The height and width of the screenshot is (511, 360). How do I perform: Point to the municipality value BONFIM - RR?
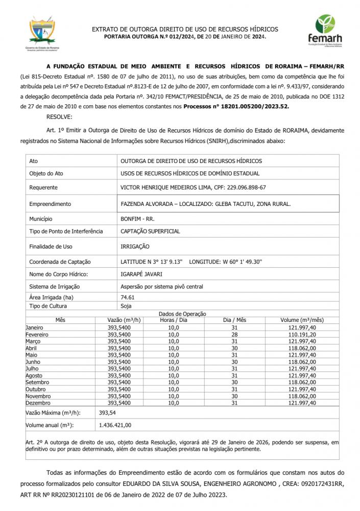click(x=137, y=219)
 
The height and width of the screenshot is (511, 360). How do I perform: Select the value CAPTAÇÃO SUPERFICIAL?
click(x=150, y=231)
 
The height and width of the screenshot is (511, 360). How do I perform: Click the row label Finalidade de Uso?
click(x=51, y=246)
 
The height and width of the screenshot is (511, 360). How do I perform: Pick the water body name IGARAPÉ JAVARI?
click(x=142, y=274)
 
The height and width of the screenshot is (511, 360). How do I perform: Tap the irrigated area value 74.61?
click(x=127, y=297)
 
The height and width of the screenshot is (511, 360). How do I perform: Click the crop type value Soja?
click(x=126, y=306)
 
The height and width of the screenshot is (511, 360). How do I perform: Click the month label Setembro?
click(x=38, y=382)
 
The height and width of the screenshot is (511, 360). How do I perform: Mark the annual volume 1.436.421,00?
click(x=115, y=425)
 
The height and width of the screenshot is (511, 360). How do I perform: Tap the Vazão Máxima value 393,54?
click(x=107, y=412)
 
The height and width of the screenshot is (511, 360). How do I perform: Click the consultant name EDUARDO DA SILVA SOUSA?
click(x=193, y=483)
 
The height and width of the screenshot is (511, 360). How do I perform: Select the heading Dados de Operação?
click(x=182, y=313)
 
